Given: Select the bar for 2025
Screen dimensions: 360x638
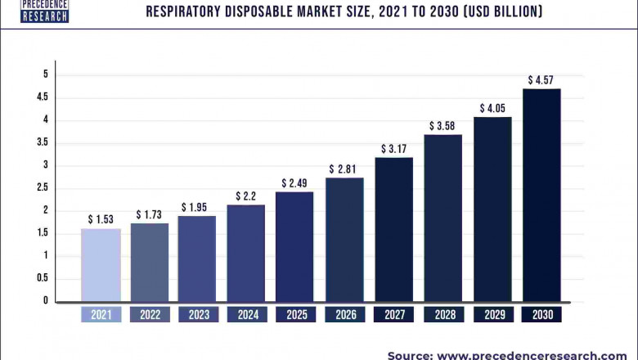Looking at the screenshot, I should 294,245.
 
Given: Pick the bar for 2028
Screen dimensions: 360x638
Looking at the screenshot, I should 443,218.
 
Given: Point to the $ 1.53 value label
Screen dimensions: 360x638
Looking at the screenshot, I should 101,220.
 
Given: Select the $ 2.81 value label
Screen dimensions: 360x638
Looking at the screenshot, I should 344,169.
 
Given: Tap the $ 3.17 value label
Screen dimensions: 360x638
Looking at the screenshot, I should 393,149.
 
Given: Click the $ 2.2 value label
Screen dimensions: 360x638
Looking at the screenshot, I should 246,196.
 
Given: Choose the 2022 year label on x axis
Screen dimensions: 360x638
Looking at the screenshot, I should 150,314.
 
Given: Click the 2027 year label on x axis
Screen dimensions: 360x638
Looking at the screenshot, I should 393,314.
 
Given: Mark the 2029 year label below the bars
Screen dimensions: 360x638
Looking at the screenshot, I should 492,314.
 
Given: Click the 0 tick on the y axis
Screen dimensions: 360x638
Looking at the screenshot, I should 46,301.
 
